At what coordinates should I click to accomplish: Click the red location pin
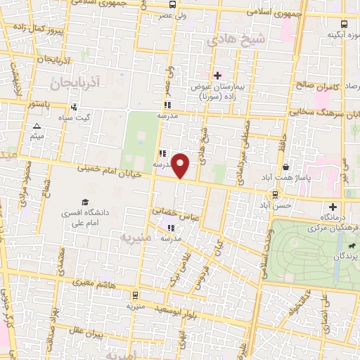click(x=181, y=165)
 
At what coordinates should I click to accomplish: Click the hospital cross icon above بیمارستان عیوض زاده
click(x=217, y=75)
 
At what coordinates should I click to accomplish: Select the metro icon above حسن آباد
click(x=275, y=195)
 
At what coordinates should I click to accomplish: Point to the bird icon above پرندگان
click(x=350, y=246)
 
